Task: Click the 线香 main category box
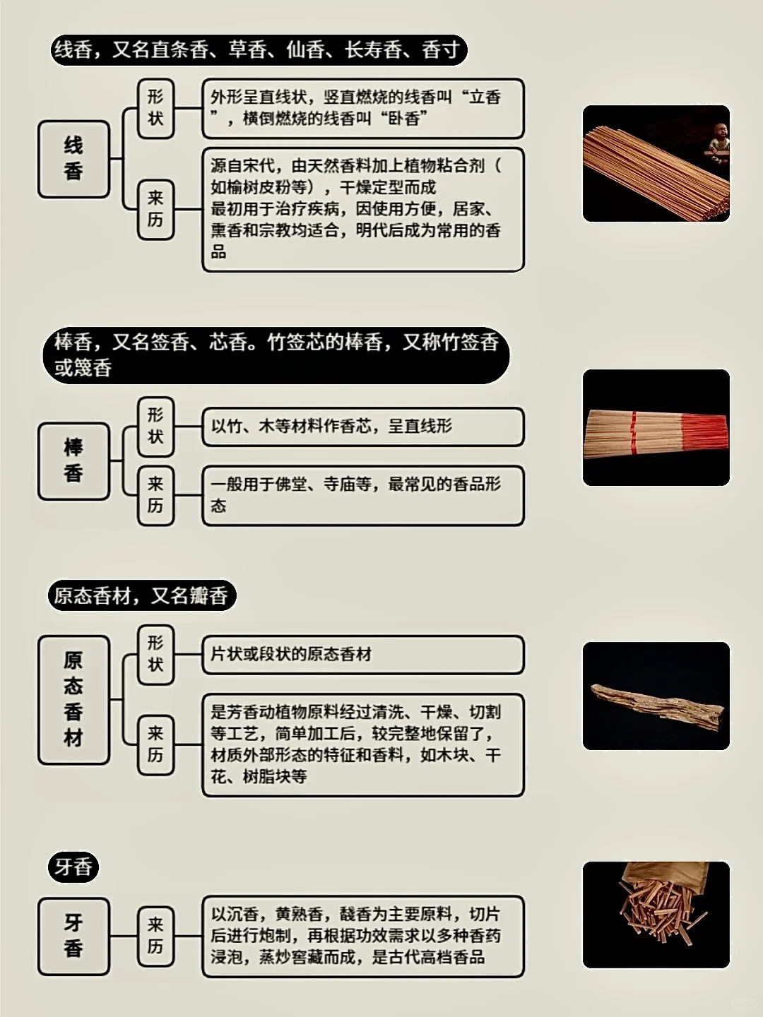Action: click(73, 159)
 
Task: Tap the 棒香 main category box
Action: click(73, 461)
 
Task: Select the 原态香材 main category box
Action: click(73, 699)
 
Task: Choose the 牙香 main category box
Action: click(73, 936)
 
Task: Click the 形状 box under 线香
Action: click(155, 108)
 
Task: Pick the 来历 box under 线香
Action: click(155, 209)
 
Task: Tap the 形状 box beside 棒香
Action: click(155, 426)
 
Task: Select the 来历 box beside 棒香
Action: click(155, 495)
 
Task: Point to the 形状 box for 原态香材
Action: click(155, 654)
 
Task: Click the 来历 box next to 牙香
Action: click(155, 936)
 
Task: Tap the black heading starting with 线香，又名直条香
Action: click(258, 50)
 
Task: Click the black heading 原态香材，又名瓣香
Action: click(141, 596)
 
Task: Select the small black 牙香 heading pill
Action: click(73, 867)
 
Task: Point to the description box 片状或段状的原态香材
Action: click(363, 655)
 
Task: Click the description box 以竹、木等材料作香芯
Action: click(363, 427)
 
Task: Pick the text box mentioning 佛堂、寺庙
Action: click(363, 495)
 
